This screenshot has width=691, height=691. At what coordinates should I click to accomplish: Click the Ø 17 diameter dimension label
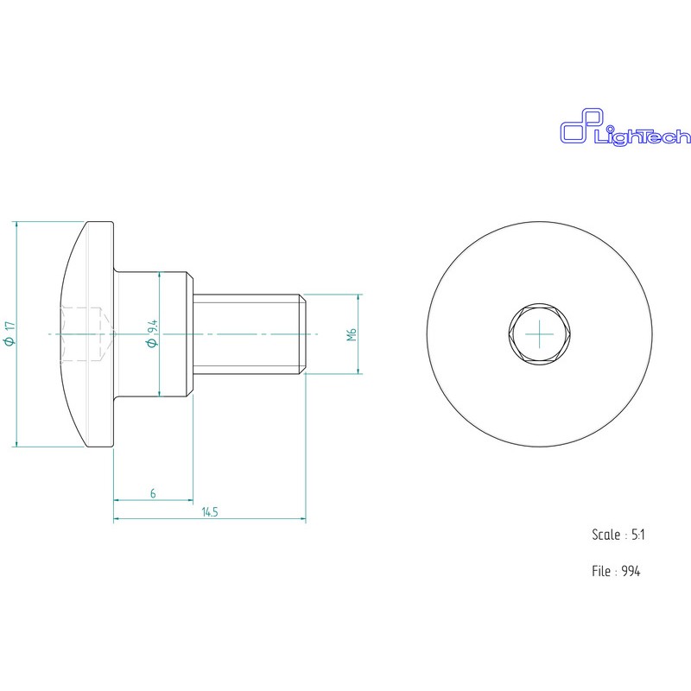click(x=10, y=333)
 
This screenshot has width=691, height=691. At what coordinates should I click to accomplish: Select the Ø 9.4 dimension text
click(x=152, y=333)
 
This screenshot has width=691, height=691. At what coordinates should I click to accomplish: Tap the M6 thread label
click(x=352, y=334)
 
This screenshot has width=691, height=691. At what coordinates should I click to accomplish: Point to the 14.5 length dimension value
click(x=210, y=512)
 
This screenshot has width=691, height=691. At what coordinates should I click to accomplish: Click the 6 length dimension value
click(x=153, y=493)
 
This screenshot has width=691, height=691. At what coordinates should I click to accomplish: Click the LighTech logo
click(x=625, y=128)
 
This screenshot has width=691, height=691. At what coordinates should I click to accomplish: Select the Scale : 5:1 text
click(x=618, y=535)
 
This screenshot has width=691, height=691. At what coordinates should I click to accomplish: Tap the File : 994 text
click(x=616, y=571)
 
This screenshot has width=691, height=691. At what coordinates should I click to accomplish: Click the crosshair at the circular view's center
click(x=539, y=334)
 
